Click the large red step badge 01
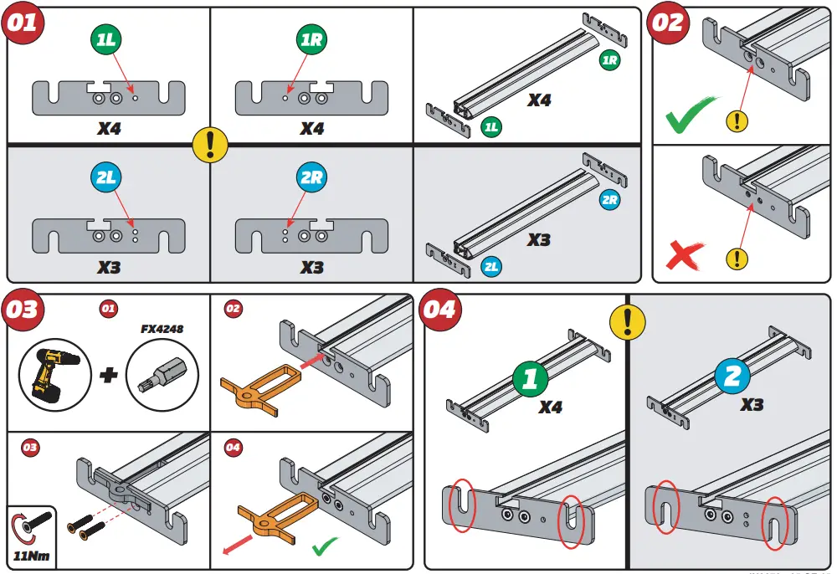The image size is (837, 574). click(23, 23)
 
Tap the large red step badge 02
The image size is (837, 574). click(668, 23)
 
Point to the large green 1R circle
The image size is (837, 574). click(312, 40)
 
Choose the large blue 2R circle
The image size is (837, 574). click(312, 177)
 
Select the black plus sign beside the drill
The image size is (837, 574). click(108, 374)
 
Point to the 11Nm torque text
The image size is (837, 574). click(31, 556)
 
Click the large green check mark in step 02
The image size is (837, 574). click(691, 116)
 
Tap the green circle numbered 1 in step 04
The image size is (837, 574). click(530, 378)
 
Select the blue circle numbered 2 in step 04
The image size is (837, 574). click(732, 377)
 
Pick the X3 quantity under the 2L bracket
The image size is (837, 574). click(108, 268)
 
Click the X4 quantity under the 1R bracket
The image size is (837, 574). click(312, 130)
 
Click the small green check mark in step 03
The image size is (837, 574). click(326, 547)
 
